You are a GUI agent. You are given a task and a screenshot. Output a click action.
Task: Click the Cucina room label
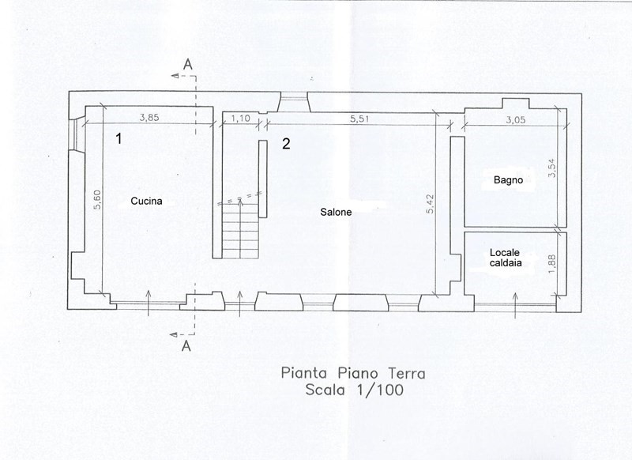pyautogui.click(x=146, y=201)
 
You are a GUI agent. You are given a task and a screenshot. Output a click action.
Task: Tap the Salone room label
pyautogui.click(x=336, y=212)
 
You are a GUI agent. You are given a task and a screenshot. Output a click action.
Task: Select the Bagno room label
pyautogui.click(x=508, y=180)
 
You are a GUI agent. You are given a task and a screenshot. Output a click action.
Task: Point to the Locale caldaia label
pyautogui.click(x=506, y=258)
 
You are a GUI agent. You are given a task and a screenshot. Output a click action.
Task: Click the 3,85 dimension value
pyautogui.click(x=149, y=118)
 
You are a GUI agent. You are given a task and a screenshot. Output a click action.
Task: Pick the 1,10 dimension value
pyautogui.click(x=241, y=118)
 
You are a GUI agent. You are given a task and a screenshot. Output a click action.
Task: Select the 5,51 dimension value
pyautogui.click(x=359, y=119)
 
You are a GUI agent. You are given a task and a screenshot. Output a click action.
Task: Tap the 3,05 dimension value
pyautogui.click(x=516, y=119)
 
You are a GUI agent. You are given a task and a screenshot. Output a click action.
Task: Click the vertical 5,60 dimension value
pyautogui.click(x=97, y=199)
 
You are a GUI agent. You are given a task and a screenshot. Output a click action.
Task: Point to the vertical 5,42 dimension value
pyautogui.click(x=431, y=204)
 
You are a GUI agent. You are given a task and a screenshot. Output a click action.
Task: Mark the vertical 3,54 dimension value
pyautogui.click(x=551, y=168)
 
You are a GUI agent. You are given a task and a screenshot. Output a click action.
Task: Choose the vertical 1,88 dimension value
pyautogui.click(x=551, y=264)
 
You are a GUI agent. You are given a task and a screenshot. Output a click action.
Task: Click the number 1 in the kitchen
pyautogui.click(x=118, y=138)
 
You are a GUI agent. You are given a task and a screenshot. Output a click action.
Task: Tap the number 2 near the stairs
pyautogui.click(x=286, y=144)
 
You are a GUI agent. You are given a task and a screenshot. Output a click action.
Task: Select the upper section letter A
pyautogui.click(x=187, y=64)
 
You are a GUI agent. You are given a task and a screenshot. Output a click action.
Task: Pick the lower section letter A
pyautogui.click(x=186, y=345)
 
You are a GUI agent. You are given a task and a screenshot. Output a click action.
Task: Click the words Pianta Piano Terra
pyautogui.click(x=353, y=373)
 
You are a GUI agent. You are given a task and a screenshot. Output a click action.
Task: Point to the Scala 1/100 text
pyautogui.click(x=354, y=390)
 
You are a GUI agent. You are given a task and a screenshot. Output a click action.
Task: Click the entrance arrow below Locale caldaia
pyautogui.click(x=515, y=306)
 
